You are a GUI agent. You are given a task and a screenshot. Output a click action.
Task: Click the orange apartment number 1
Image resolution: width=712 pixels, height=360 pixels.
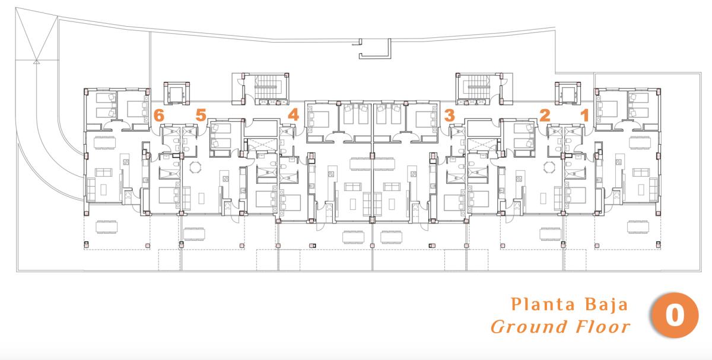[584, 116]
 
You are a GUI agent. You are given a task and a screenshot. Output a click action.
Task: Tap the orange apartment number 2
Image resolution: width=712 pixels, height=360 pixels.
[544, 115]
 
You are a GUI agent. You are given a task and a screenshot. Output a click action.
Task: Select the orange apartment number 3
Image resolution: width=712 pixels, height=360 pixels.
[450, 114]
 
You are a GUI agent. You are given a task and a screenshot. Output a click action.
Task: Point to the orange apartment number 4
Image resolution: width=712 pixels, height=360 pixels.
[293, 114]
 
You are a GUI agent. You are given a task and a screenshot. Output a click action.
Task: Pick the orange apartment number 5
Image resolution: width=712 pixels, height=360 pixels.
[201, 115]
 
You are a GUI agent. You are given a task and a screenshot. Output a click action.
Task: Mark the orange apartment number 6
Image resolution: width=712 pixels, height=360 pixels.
[158, 116]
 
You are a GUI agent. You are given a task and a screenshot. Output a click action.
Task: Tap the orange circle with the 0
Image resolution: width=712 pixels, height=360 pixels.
[675, 316]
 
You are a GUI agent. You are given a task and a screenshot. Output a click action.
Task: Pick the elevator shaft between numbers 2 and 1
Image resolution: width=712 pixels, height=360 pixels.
[565, 93]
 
